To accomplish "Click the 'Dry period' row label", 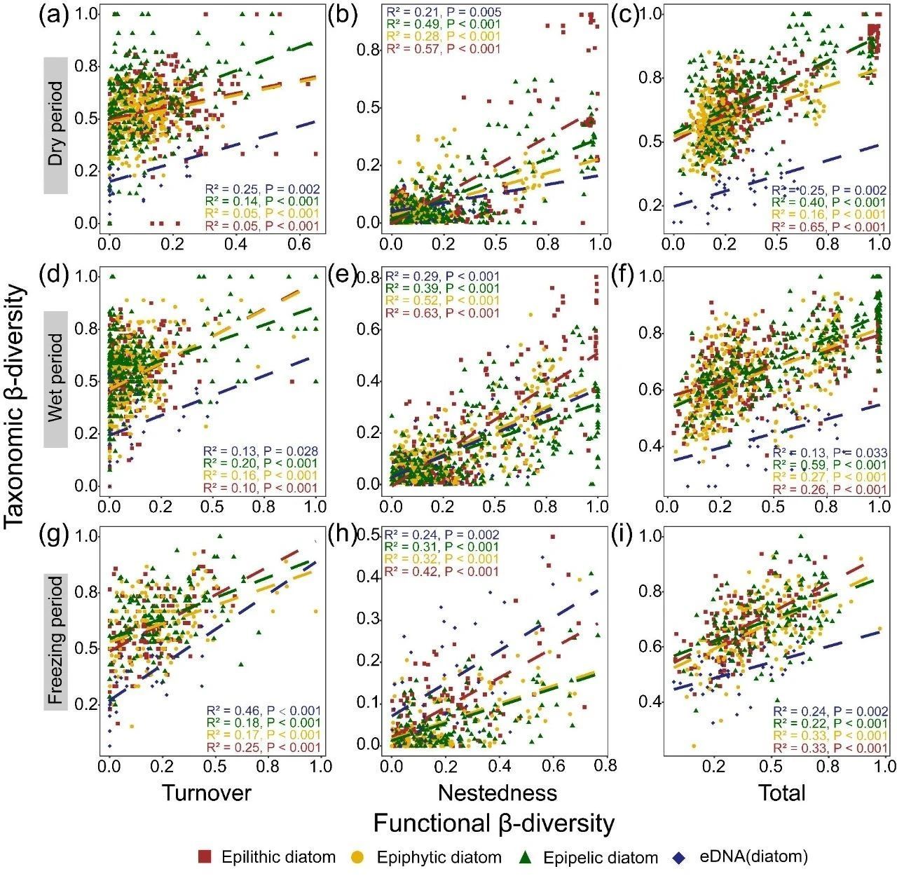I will click(56, 125).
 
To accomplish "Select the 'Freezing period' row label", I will click(56, 641).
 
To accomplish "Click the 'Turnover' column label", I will click(206, 793).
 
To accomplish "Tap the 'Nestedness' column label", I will click(497, 793).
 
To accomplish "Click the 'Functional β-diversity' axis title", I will click(493, 823).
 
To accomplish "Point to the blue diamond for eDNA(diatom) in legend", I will click(678, 856).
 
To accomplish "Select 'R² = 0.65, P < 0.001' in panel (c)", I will click(829, 227).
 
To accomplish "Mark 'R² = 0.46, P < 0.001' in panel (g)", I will click(261, 710).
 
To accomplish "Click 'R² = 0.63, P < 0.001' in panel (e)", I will click(441, 313).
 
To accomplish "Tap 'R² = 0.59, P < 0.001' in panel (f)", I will click(829, 465).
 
